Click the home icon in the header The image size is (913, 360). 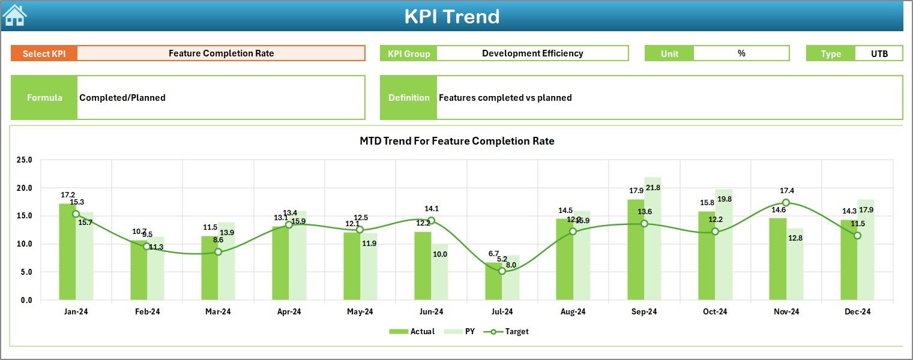(14, 16)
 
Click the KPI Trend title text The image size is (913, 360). (451, 16)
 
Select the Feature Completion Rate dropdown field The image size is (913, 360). (221, 53)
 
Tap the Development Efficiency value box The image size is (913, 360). (532, 53)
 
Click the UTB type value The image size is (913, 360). (879, 53)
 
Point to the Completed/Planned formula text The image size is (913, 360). (122, 98)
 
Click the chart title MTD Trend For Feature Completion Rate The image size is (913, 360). (457, 141)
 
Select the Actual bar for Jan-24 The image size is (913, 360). (67, 252)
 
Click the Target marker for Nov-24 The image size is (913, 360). (786, 203)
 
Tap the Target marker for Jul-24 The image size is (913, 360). (502, 271)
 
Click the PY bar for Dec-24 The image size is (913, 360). (866, 250)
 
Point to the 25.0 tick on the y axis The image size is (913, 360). (25, 160)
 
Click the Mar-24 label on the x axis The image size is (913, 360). (218, 312)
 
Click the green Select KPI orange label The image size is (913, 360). (44, 53)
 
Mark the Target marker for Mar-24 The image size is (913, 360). (218, 252)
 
